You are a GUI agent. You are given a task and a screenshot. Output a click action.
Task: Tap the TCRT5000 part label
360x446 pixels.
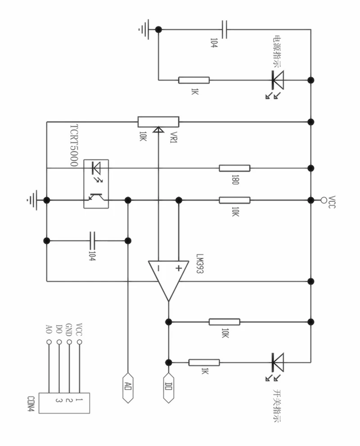click(x=74, y=145)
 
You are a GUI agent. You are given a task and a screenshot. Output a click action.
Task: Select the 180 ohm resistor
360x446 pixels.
click(x=234, y=168)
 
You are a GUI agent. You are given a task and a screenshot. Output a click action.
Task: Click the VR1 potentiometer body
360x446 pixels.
click(x=158, y=122)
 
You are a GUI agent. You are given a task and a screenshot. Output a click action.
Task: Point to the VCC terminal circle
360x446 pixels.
click(x=323, y=200)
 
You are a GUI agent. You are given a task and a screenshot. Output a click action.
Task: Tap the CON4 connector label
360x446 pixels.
click(x=31, y=404)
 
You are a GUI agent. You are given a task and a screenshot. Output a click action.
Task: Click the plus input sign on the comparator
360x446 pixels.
click(x=179, y=268)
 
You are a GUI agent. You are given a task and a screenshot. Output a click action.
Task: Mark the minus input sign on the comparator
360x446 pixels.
click(x=158, y=268)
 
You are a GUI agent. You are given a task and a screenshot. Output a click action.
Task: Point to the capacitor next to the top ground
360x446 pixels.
click(x=224, y=29)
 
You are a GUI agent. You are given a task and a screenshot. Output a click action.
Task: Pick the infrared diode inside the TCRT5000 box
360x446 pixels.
click(x=96, y=168)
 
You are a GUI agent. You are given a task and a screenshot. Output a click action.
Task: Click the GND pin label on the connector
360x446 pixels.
click(x=68, y=330)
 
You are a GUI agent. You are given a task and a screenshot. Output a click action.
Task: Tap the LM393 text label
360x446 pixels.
click(x=200, y=264)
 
